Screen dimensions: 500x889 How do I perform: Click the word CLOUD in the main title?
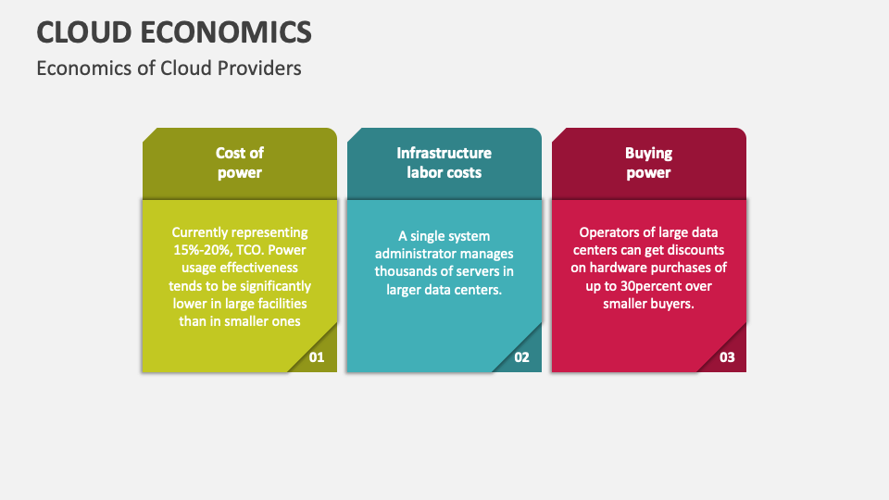[84, 31]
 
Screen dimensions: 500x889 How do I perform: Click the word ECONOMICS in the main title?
[226, 31]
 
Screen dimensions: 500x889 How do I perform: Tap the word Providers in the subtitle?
[260, 69]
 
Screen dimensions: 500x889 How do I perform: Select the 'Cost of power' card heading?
[240, 163]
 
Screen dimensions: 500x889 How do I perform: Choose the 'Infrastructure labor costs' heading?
[444, 163]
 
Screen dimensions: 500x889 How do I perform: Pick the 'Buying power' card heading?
[648, 163]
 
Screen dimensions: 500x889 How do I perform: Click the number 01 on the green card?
[317, 356]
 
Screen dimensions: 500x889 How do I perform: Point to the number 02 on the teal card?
[521, 356]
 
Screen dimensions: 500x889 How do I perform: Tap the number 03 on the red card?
[727, 356]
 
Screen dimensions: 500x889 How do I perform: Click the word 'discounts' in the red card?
[695, 250]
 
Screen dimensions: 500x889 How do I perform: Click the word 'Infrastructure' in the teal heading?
[444, 154]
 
